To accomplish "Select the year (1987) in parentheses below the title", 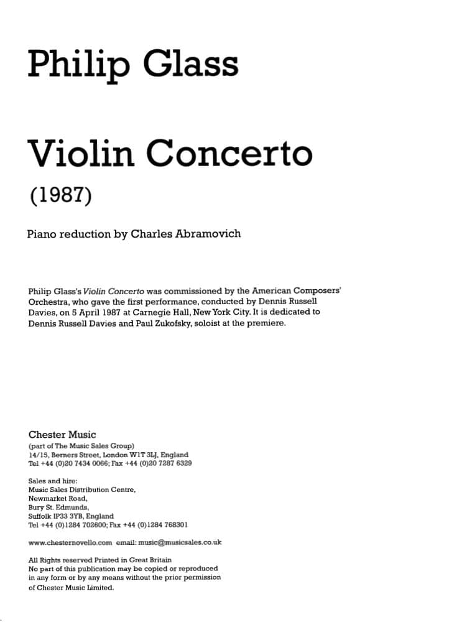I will click(61, 196).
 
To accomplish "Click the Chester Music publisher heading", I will click(62, 435).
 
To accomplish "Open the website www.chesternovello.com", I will click(70, 542).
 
